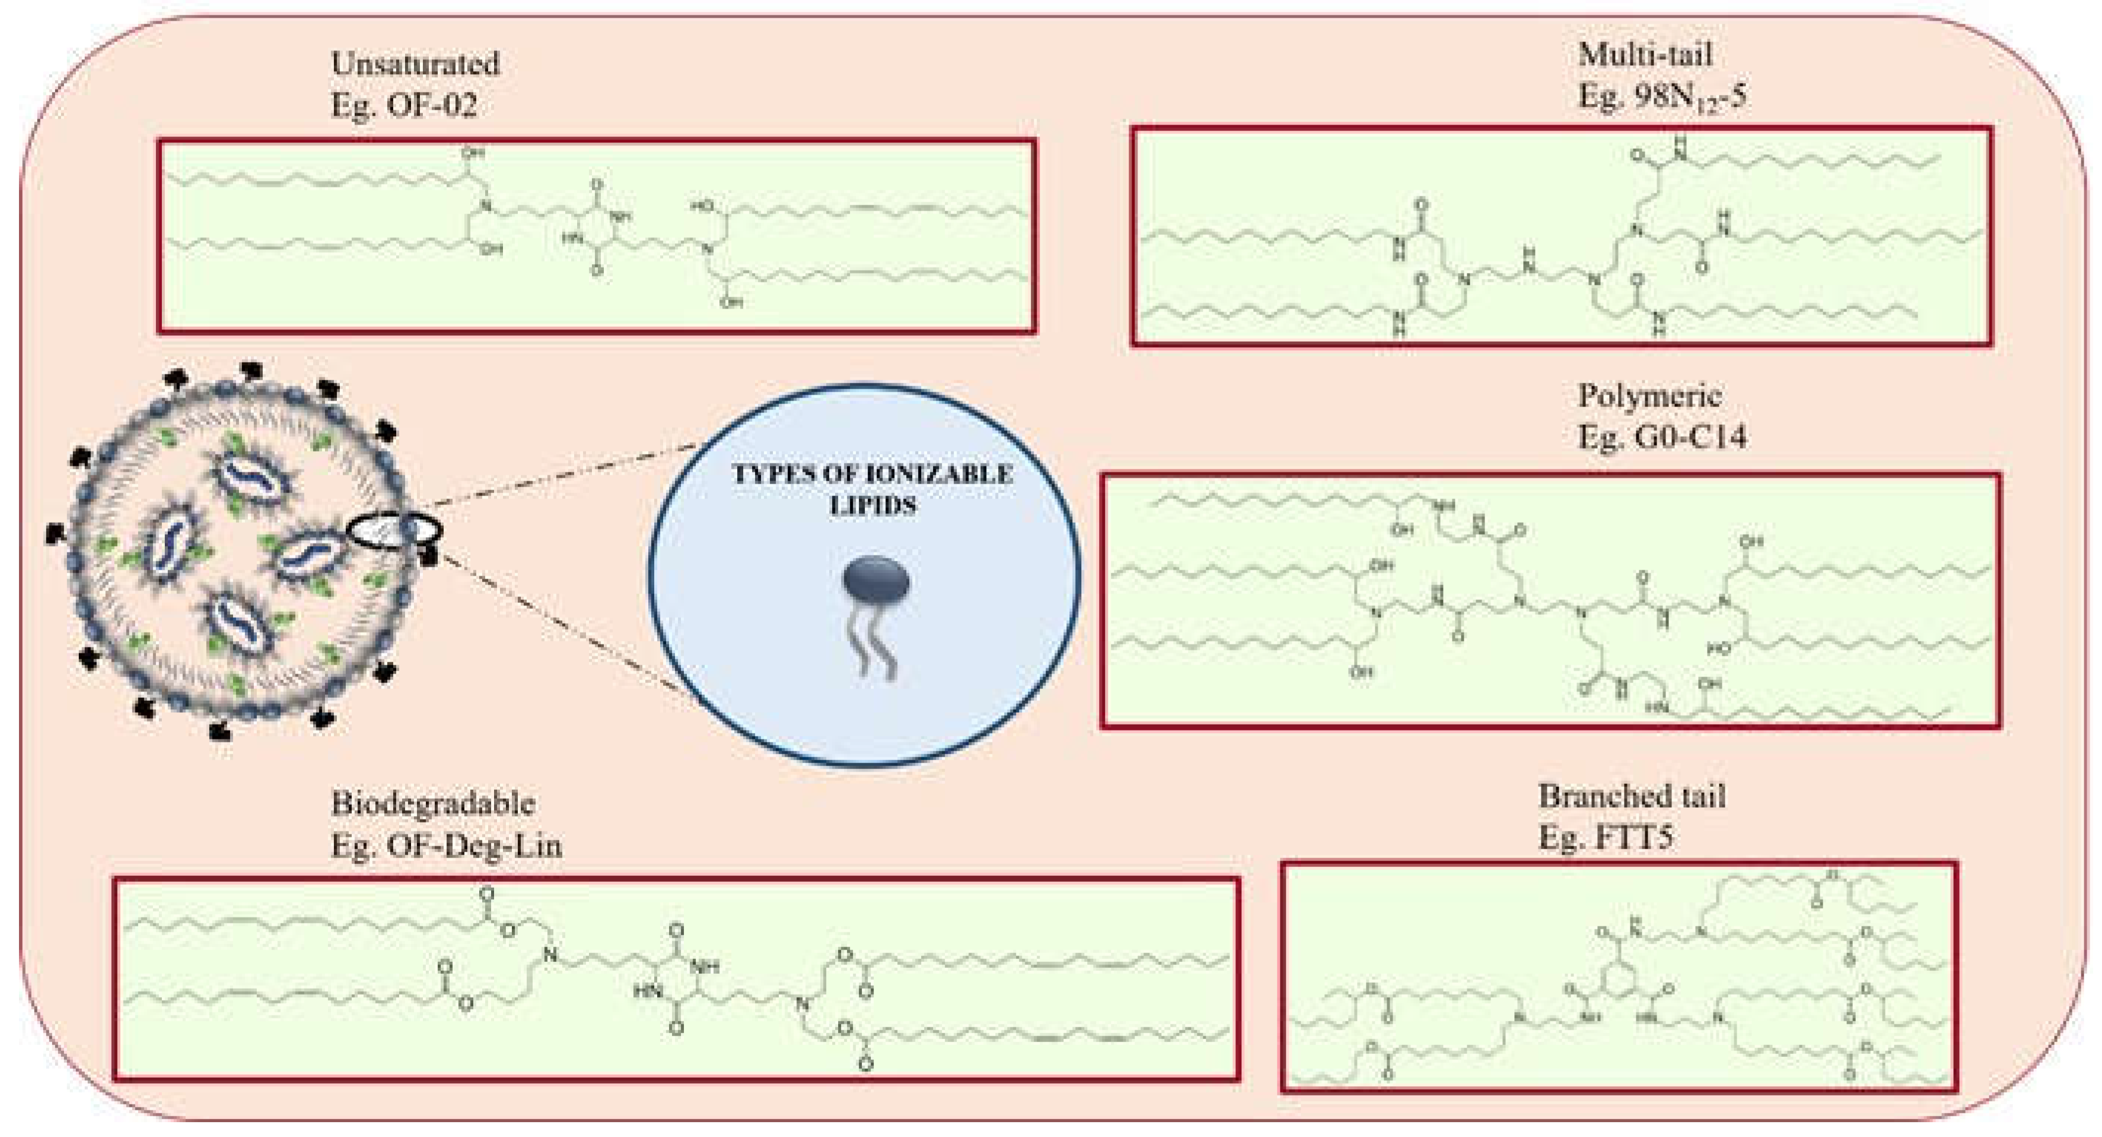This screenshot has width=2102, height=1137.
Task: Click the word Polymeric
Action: [x=1649, y=396]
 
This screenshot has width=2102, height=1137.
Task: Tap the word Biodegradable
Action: [x=432, y=804]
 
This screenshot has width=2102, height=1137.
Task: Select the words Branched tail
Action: [x=1632, y=796]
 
